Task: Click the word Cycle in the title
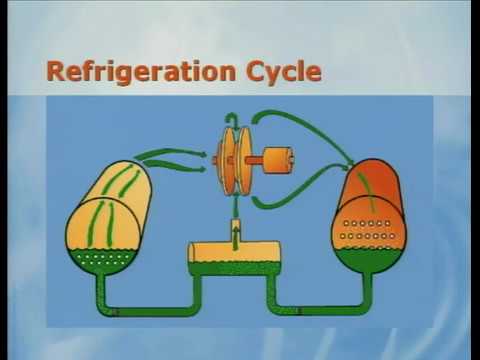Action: [x=284, y=72]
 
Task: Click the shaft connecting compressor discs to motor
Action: [x=258, y=159]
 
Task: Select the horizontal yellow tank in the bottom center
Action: [x=236, y=252]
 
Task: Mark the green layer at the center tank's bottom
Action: [x=236, y=267]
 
